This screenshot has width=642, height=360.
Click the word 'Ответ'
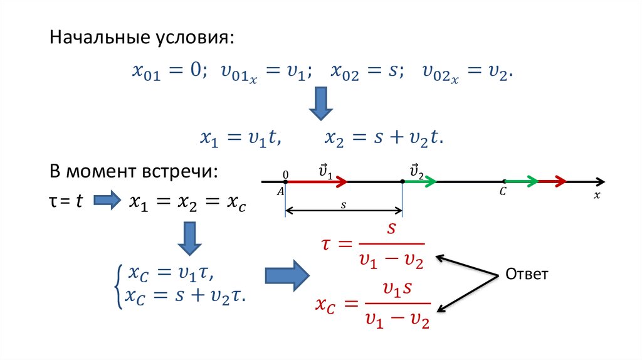coord(527,274)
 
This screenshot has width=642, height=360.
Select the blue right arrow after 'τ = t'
coord(106,201)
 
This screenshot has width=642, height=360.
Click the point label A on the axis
coord(280,193)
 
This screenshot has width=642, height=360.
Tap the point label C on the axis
coord(503,192)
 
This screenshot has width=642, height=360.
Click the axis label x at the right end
coord(597,195)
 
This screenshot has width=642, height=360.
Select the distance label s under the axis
coord(344,204)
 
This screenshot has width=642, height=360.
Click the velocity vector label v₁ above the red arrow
coord(325,170)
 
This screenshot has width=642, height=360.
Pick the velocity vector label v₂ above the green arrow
coord(416,170)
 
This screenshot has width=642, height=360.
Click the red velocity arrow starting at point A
coord(317,182)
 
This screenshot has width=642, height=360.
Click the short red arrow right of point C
coord(552,182)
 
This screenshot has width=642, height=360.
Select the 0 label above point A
coord(286,174)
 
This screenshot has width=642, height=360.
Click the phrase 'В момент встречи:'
coord(134,172)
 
